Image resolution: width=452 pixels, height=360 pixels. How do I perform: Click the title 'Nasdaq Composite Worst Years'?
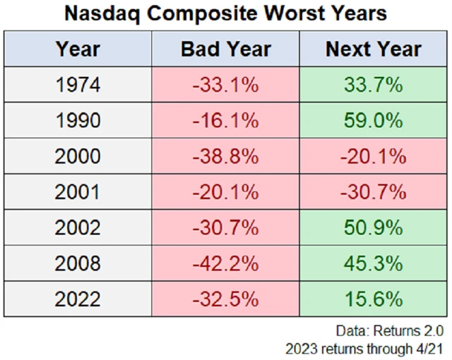click(x=225, y=14)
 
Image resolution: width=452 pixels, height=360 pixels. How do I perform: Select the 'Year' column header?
click(x=78, y=49)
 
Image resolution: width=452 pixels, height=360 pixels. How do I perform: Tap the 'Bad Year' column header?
click(x=225, y=49)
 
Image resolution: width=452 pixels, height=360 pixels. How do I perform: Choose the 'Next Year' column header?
click(x=373, y=49)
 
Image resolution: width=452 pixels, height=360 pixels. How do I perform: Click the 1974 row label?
click(x=78, y=85)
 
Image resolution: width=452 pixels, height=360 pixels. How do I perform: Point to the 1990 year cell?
click(x=78, y=121)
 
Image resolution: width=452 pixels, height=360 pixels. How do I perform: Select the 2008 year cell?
click(x=78, y=263)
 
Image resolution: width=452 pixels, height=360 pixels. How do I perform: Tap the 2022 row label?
click(x=78, y=299)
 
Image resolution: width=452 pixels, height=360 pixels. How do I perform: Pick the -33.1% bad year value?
click(x=225, y=85)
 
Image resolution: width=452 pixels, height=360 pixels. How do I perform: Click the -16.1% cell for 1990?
click(x=225, y=121)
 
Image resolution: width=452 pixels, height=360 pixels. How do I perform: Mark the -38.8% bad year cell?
click(x=225, y=157)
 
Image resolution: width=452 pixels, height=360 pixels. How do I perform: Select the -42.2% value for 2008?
click(x=225, y=263)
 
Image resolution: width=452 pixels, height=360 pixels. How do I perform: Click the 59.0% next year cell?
click(x=373, y=121)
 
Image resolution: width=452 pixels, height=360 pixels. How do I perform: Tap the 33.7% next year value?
click(x=373, y=85)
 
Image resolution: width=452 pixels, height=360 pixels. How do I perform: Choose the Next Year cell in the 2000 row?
click(x=373, y=157)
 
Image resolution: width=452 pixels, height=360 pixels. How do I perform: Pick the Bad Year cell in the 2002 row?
click(x=225, y=228)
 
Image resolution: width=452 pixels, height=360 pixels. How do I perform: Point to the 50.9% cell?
click(x=373, y=228)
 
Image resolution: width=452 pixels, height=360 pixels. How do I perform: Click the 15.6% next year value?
click(x=373, y=299)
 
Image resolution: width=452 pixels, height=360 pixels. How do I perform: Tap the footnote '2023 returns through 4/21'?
click(x=364, y=348)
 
